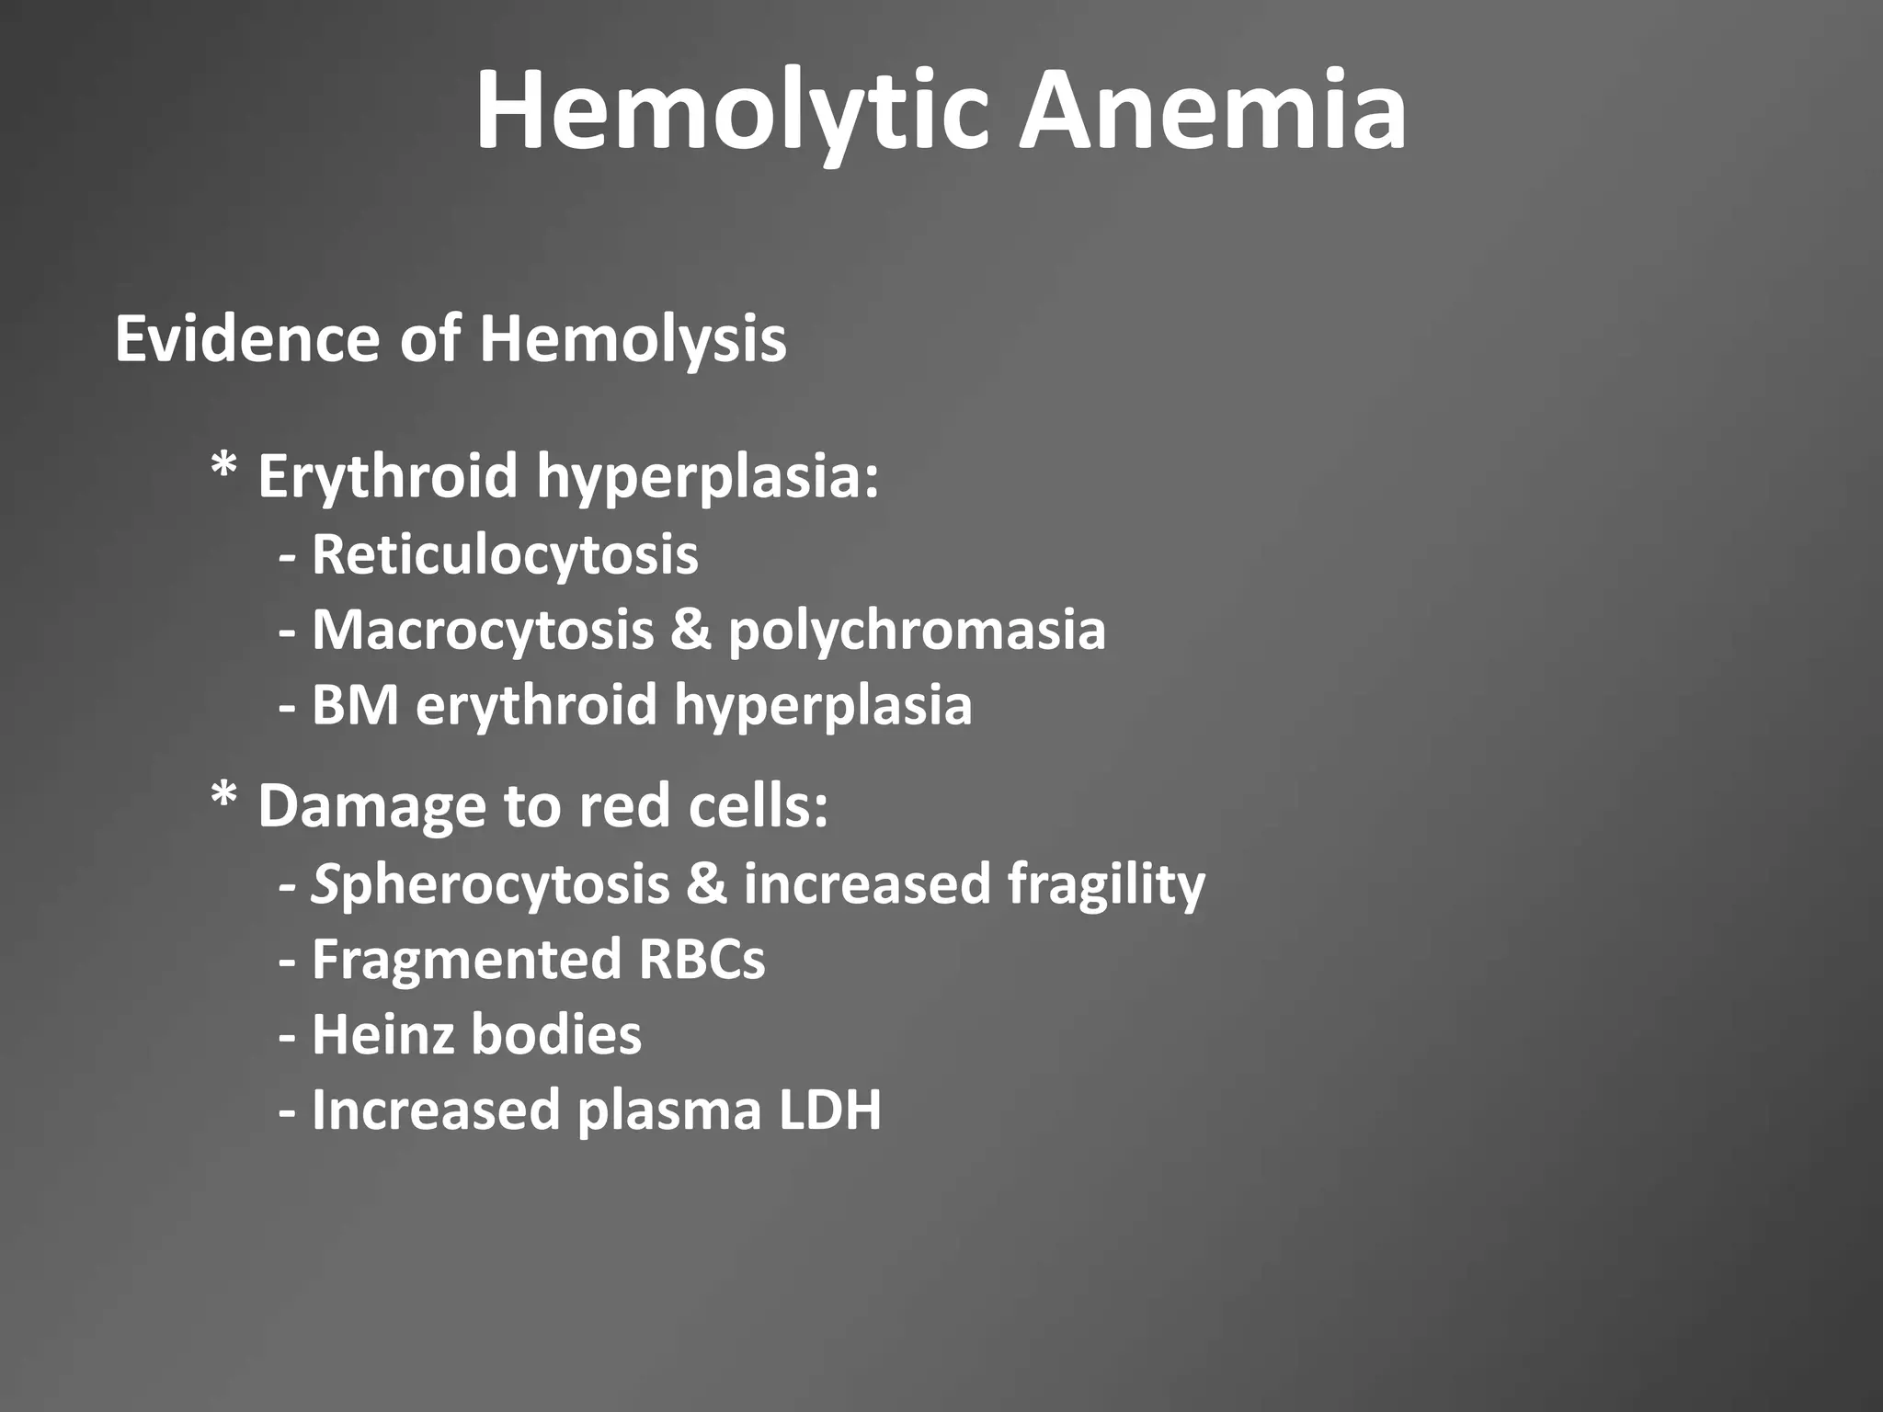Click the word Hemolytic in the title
[x=732, y=112]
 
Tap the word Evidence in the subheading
[x=246, y=338]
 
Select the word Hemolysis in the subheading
[x=633, y=340]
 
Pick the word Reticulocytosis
[x=505, y=555]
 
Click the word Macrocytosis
[x=483, y=631]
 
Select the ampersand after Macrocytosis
[x=690, y=631]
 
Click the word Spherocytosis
[x=490, y=884]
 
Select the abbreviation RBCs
[x=702, y=960]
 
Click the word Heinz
[x=382, y=1035]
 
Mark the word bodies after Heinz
[x=555, y=1035]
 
